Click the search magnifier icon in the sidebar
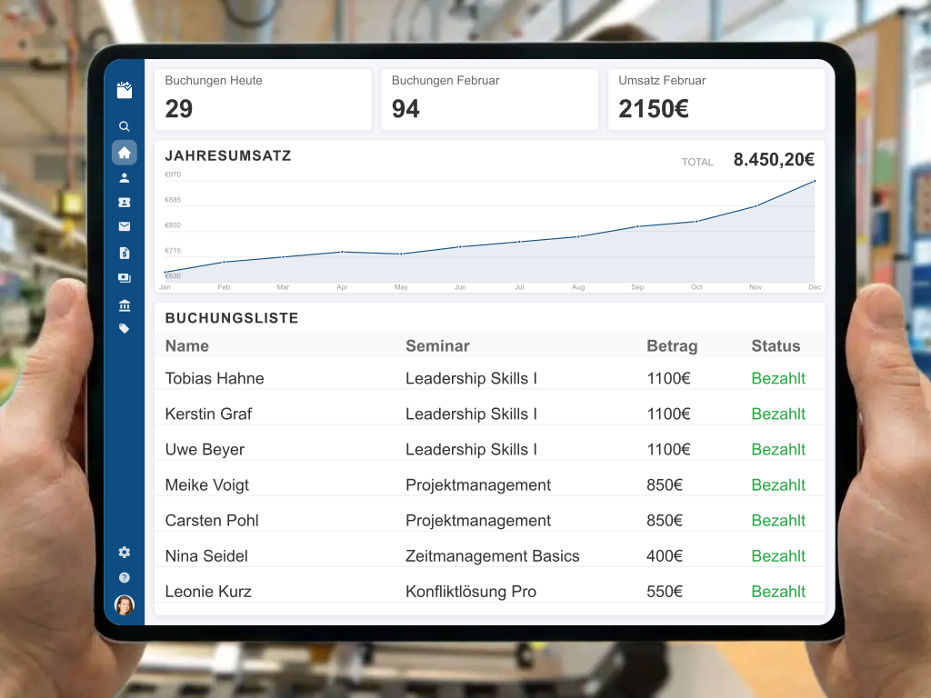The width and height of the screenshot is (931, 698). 125,126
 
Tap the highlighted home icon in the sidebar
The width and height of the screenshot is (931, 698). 125,153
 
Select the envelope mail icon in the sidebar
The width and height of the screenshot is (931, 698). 125,227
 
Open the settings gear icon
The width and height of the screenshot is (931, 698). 125,552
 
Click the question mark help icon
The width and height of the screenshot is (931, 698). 125,577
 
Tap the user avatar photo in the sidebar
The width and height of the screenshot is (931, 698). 125,604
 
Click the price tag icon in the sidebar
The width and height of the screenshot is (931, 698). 125,329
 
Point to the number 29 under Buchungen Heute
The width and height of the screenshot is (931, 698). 179,109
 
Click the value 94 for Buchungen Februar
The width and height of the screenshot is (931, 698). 405,109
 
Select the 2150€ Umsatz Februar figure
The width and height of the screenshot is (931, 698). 653,109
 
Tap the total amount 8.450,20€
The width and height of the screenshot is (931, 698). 774,160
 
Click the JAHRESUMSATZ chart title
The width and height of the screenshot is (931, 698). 228,155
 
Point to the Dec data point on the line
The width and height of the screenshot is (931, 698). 815,181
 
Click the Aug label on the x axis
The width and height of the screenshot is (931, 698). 578,287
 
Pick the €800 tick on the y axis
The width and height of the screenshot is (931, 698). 173,225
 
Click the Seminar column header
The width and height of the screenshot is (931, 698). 437,346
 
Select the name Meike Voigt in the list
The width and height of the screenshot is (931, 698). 207,485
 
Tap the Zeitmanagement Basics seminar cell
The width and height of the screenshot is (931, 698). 492,556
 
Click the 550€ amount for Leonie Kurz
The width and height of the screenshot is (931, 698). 665,592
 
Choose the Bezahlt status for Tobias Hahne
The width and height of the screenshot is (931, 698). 778,379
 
